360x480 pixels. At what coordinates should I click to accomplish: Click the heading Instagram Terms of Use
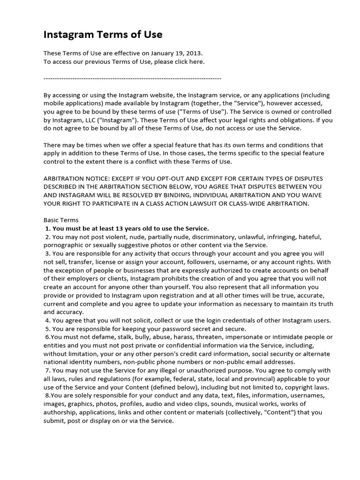click(x=103, y=34)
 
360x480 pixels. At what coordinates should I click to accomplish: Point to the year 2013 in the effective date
click(x=195, y=53)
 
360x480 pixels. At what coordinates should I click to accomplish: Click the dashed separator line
click(x=132, y=78)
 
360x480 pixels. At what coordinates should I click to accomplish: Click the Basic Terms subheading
click(x=61, y=220)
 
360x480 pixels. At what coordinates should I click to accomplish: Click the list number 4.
click(x=47, y=321)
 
